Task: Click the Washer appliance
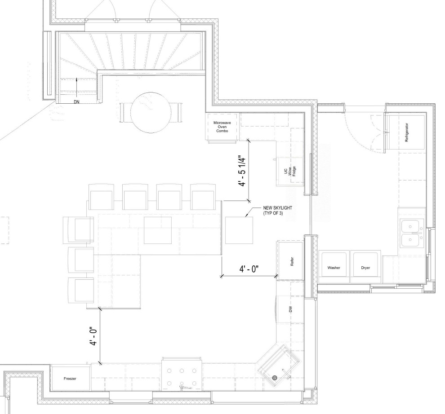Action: coord(334,267)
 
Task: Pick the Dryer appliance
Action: coord(365,267)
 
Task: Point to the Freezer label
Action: coord(70,379)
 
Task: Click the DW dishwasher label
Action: coord(290,309)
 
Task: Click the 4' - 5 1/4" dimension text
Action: coord(243,171)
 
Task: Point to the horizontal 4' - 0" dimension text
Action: coord(249,269)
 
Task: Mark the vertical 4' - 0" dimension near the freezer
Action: coord(93,336)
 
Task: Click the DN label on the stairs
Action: coord(78,102)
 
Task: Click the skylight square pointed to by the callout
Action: coord(239,230)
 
